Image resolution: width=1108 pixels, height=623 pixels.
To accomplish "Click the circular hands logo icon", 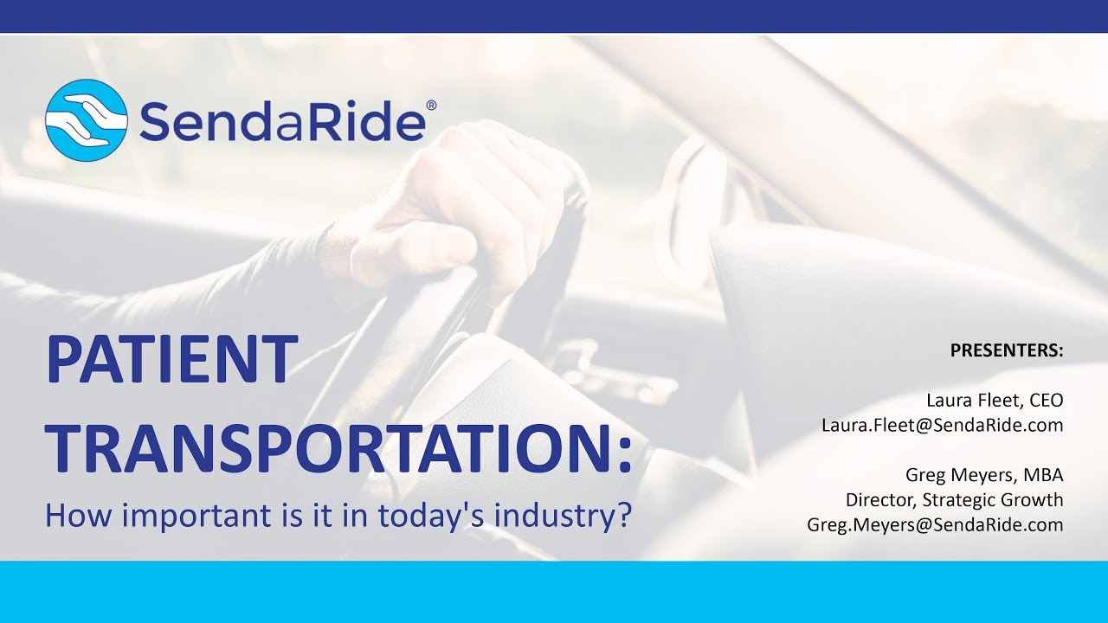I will (87, 120).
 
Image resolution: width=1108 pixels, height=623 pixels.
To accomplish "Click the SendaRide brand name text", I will (281, 120).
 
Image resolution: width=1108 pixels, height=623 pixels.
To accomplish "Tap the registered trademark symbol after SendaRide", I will (431, 106).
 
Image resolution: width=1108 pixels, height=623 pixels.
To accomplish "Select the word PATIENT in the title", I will (171, 361).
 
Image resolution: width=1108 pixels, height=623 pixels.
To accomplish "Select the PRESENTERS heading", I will (1007, 350).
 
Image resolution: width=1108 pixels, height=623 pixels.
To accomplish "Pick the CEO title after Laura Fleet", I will (1046, 401).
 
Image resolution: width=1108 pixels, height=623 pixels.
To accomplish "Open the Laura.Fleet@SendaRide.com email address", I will (942, 425).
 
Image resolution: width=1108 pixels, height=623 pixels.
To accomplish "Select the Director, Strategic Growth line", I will (954, 500).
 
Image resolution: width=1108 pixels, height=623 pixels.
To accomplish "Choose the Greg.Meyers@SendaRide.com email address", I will (935, 524).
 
